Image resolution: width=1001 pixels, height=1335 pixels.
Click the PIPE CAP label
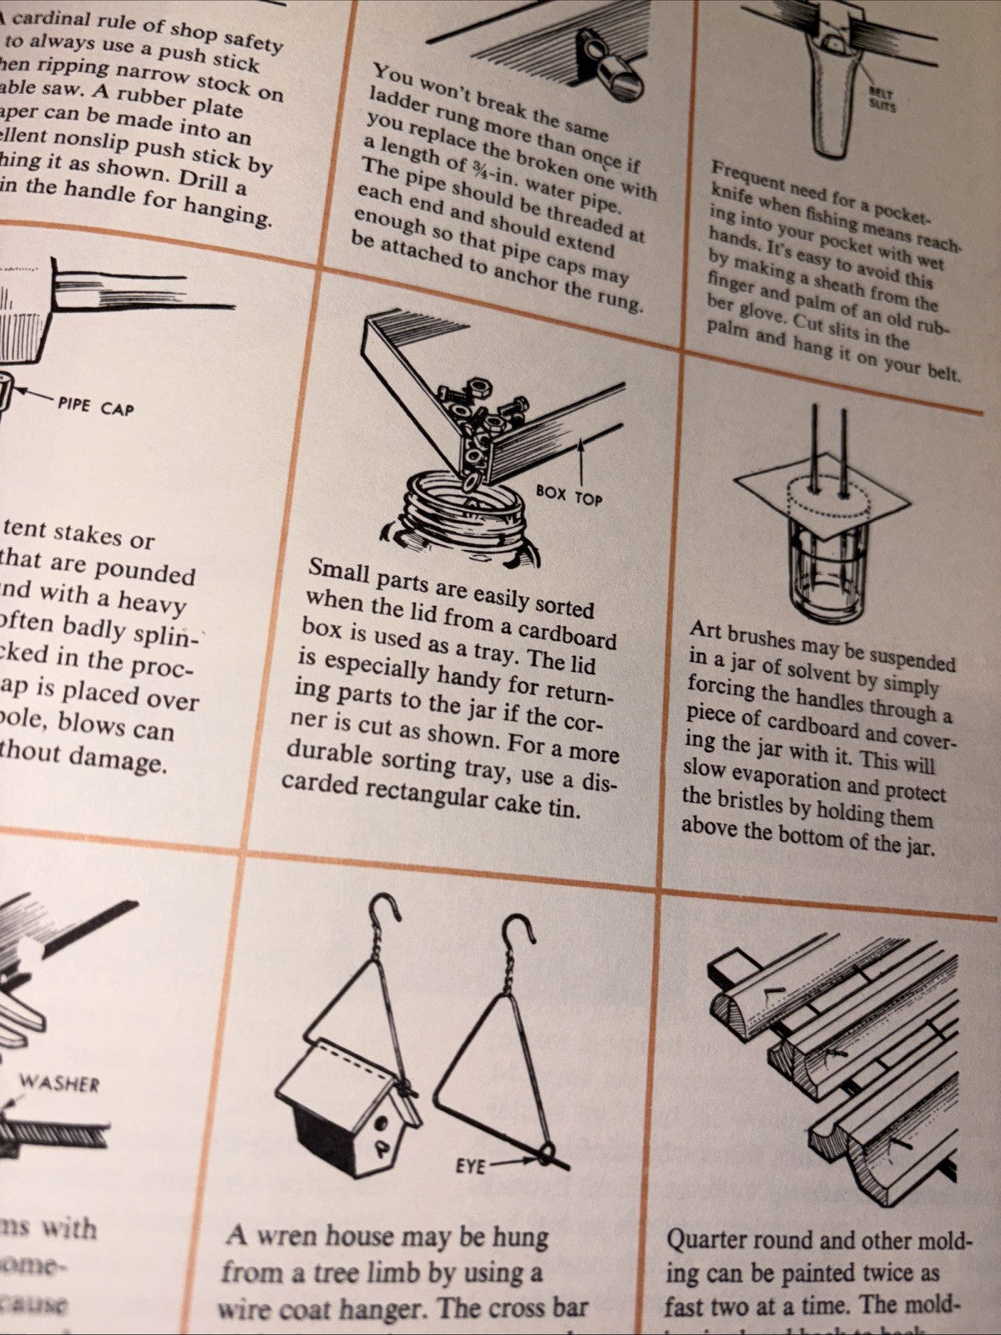click(95, 407)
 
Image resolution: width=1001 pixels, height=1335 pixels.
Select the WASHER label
click(59, 1084)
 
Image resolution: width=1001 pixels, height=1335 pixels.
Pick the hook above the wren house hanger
click(386, 913)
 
